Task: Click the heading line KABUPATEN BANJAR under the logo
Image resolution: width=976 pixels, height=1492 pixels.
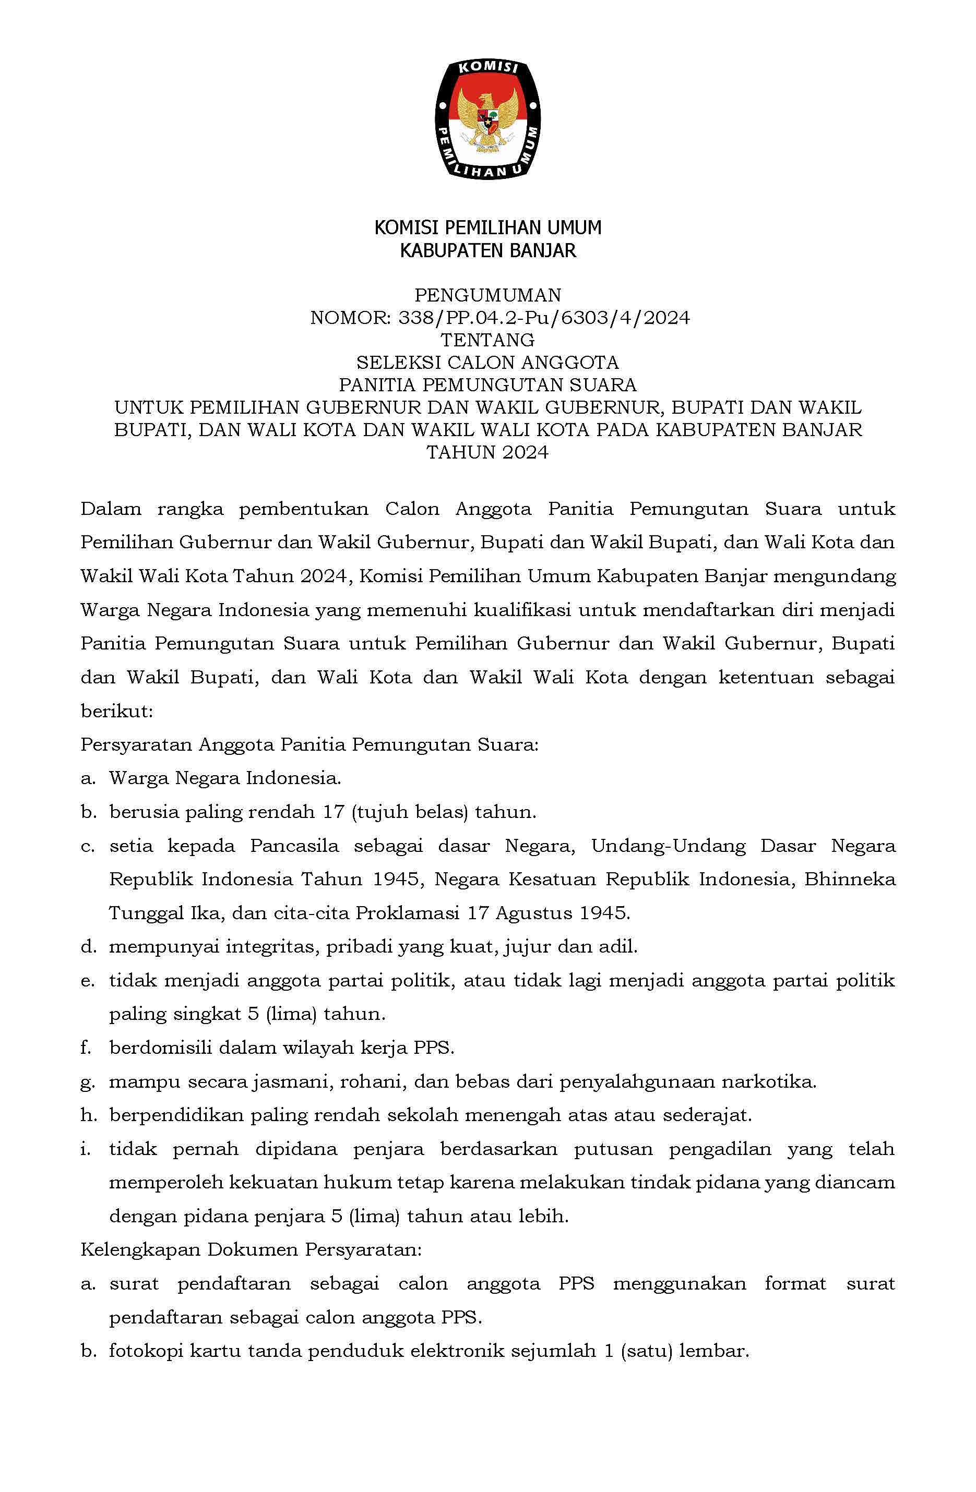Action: coord(487,251)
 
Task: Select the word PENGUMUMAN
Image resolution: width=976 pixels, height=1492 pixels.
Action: coord(487,295)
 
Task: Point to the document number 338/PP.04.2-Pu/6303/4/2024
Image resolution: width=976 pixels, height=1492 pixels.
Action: coord(543,318)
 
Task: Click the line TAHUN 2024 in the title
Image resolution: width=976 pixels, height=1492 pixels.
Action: coord(487,452)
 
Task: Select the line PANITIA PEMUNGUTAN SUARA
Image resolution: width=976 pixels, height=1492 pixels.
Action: coord(487,384)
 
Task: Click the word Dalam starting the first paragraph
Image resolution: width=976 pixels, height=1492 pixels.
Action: coord(111,509)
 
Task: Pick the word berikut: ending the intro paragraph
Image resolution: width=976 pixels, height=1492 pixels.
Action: coord(117,712)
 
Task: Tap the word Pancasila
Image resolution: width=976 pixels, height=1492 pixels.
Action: coord(294,846)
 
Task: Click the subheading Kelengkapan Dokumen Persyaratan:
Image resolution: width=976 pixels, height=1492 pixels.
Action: coord(251,1250)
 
